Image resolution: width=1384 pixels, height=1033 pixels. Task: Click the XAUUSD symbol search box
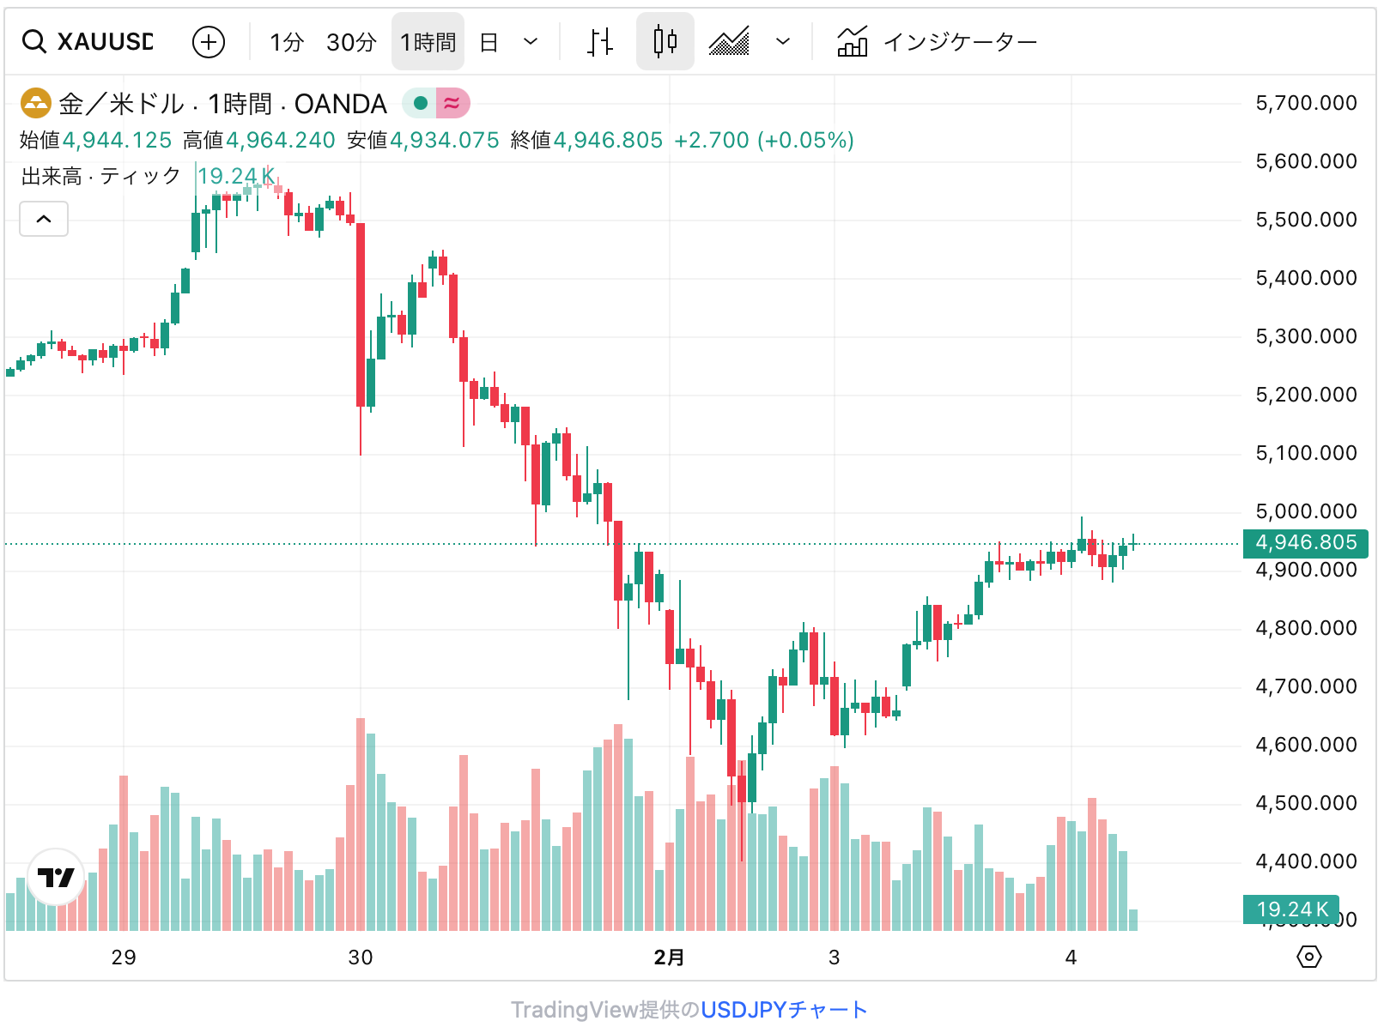point(94,41)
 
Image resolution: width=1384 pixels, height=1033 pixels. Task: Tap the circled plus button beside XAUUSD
point(209,41)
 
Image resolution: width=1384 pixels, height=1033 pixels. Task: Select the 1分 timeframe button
point(287,42)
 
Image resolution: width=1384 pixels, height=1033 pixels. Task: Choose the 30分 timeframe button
point(351,42)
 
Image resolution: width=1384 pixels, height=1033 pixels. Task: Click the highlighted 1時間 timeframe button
point(428,42)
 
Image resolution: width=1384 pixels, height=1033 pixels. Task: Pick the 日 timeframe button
point(489,42)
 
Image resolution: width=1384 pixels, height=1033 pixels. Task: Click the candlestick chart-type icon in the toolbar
point(665,41)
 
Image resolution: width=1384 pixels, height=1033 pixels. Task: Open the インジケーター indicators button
point(938,41)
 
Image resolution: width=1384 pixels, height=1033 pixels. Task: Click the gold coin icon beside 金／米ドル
point(36,104)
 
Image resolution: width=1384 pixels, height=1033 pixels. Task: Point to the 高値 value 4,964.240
point(280,141)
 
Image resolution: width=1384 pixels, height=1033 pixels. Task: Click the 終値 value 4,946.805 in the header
point(608,141)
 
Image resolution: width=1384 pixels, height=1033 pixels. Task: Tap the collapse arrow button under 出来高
point(44,219)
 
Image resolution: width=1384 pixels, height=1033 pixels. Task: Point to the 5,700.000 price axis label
point(1306,104)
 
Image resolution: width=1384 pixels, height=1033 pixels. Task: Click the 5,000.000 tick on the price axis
point(1306,512)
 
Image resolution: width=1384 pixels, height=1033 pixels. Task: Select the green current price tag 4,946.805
point(1306,543)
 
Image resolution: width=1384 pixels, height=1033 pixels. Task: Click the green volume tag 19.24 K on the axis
point(1291,909)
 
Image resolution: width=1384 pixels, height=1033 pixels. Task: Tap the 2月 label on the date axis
point(669,957)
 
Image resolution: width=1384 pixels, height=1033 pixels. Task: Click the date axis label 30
point(361,957)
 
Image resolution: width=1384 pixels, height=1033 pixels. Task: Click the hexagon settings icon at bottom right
point(1308,957)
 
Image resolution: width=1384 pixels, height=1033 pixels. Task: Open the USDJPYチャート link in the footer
point(784,1010)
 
